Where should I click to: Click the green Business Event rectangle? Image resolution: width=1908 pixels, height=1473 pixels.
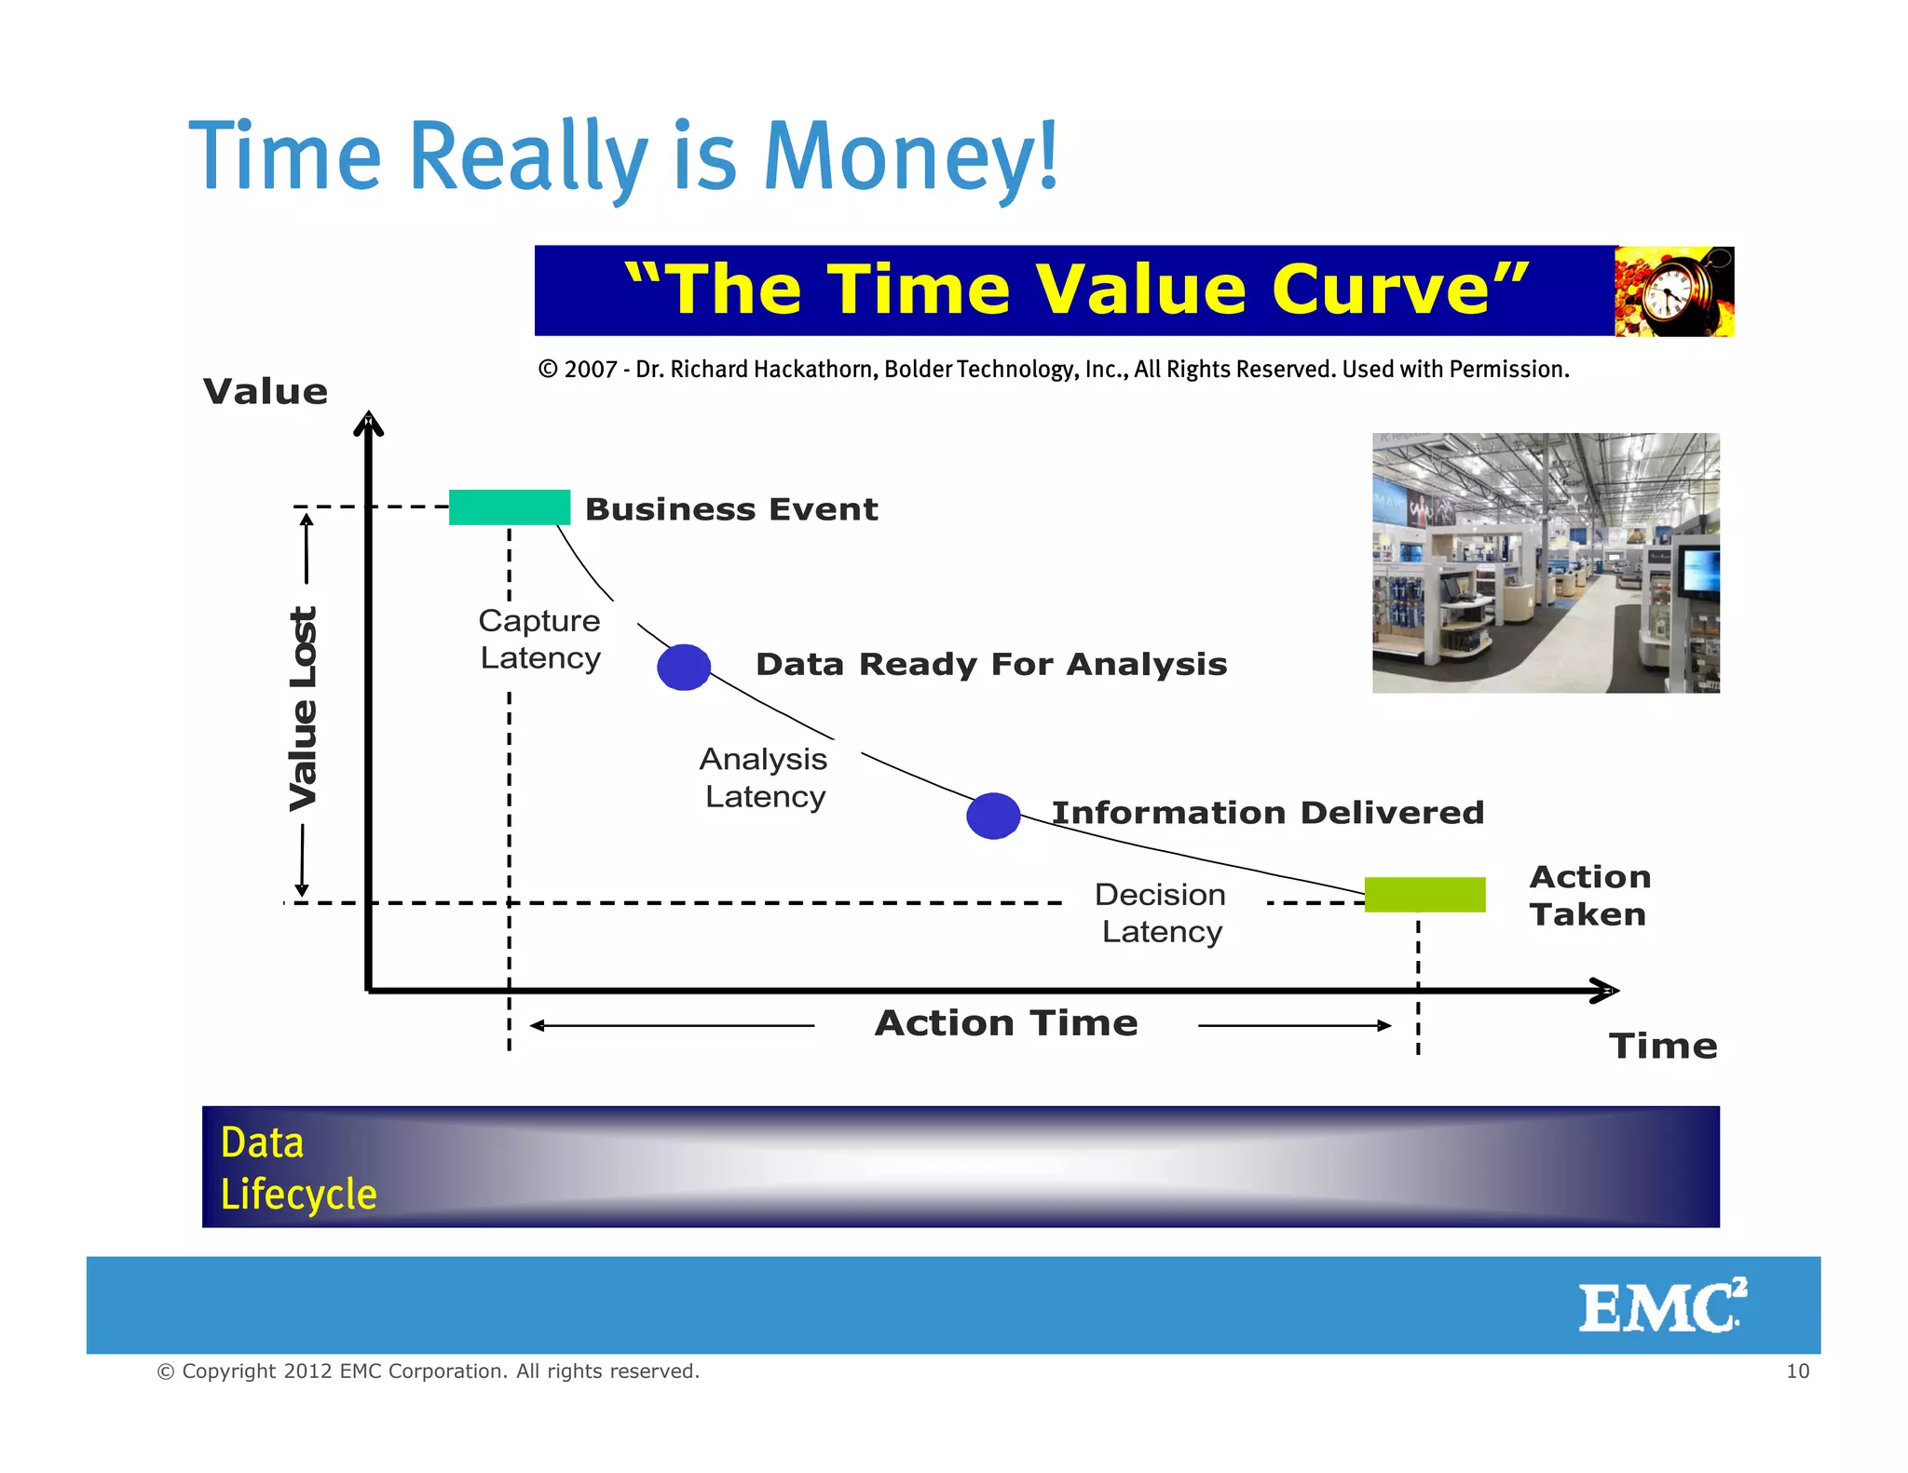(x=509, y=507)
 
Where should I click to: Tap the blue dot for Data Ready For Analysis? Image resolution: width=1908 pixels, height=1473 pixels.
(x=684, y=667)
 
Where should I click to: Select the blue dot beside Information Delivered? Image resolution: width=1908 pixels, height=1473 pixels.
(x=993, y=816)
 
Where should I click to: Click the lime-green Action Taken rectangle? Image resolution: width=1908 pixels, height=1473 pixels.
(x=1424, y=894)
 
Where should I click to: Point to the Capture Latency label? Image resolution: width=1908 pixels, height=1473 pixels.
(x=539, y=639)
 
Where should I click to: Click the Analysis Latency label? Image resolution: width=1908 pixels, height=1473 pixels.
(x=764, y=777)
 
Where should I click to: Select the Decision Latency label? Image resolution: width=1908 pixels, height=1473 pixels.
(x=1161, y=912)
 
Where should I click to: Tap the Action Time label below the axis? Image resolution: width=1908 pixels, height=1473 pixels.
(x=1006, y=1023)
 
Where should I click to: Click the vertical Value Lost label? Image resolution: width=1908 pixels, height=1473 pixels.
(x=304, y=708)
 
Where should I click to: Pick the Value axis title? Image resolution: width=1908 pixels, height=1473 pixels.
(x=266, y=392)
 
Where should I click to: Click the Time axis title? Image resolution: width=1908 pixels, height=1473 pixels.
(x=1663, y=1047)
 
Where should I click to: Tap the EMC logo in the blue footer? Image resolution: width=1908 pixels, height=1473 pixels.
(x=1661, y=1306)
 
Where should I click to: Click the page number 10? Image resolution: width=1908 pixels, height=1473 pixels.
(x=1797, y=1371)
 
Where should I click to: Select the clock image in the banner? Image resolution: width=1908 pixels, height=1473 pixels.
(x=1674, y=291)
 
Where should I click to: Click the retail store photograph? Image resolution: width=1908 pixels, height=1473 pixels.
(x=1546, y=562)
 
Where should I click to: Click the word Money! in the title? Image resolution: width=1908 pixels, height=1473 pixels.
(x=910, y=156)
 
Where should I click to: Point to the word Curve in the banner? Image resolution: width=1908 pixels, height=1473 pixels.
(x=1381, y=290)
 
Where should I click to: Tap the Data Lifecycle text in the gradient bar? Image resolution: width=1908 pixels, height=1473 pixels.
(x=298, y=1168)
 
